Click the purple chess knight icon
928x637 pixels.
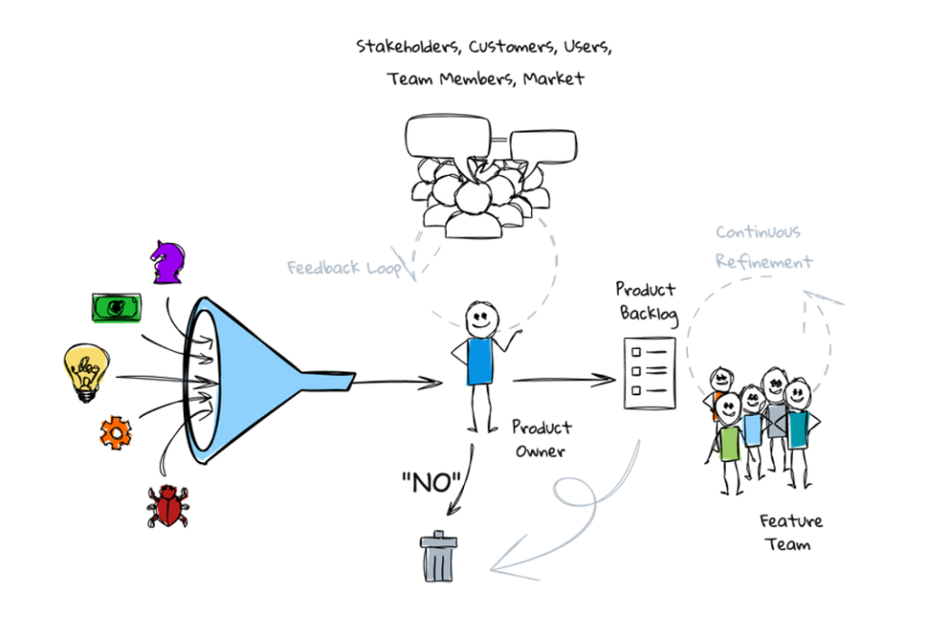pyautogui.click(x=169, y=262)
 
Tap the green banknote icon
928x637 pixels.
pyautogui.click(x=117, y=308)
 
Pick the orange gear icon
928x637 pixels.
pyautogui.click(x=115, y=432)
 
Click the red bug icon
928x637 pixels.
pyautogui.click(x=169, y=505)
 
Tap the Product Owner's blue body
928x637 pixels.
pyautogui.click(x=478, y=362)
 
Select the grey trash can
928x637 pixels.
pyautogui.click(x=440, y=555)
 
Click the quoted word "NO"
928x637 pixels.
pyautogui.click(x=430, y=484)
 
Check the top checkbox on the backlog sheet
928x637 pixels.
pyautogui.click(x=636, y=352)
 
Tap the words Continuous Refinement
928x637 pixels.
pyautogui.click(x=764, y=247)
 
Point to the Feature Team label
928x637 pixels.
pyautogui.click(x=791, y=532)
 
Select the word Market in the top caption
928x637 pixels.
pyautogui.click(x=555, y=79)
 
